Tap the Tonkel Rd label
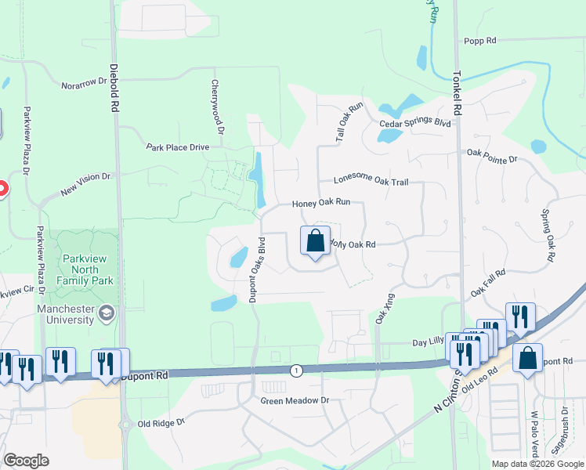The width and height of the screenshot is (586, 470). pos(458,95)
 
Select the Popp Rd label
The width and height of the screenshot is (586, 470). pos(480,41)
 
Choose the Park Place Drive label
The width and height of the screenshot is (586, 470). pos(178,146)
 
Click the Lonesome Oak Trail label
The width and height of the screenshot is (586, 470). pos(371,182)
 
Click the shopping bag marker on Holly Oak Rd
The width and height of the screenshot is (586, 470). pos(315,242)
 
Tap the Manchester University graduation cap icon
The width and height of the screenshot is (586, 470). pos(105,315)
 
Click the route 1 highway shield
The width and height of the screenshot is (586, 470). pos(295,370)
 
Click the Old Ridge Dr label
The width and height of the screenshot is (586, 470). pos(161,423)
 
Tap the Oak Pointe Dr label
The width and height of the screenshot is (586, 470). pos(492,160)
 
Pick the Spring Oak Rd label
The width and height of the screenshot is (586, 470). pos(549,235)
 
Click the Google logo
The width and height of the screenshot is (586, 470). pos(26,461)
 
